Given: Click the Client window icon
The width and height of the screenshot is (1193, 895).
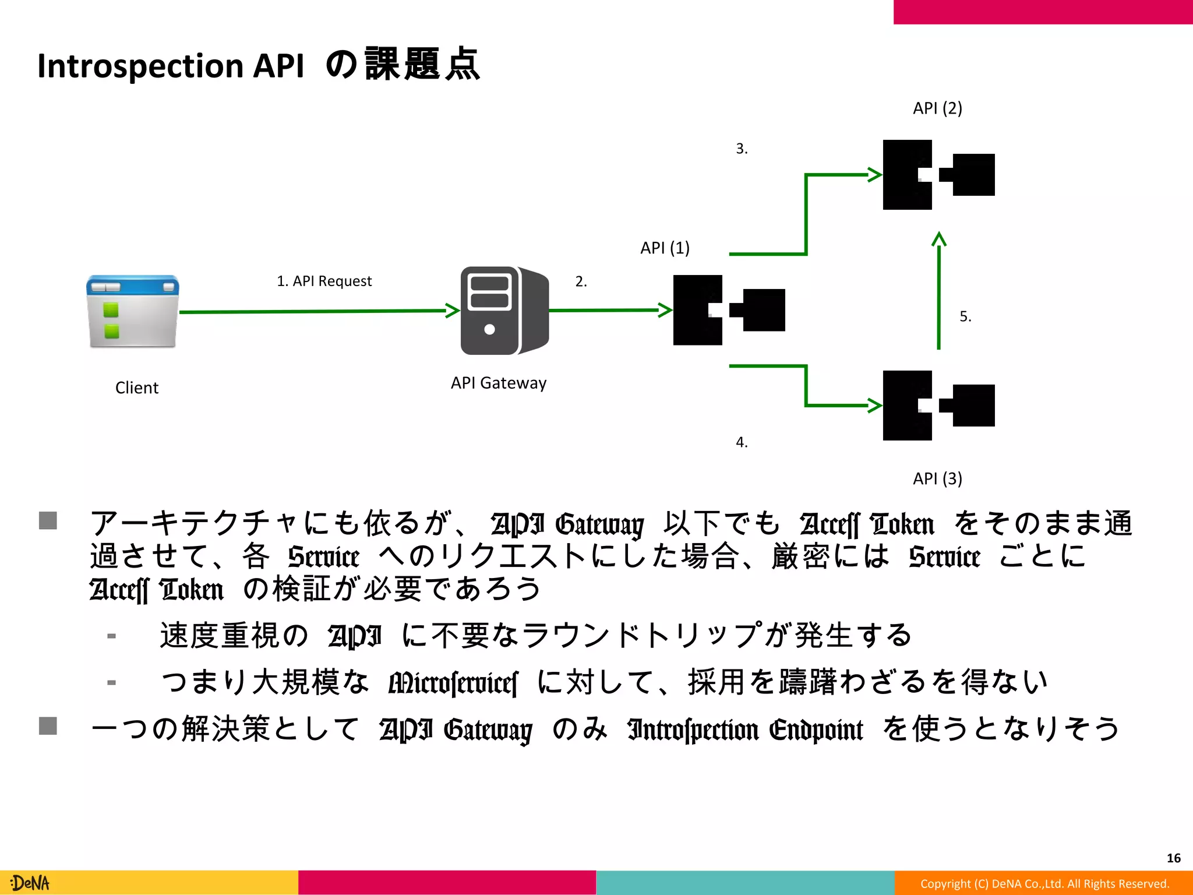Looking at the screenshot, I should click(133, 312).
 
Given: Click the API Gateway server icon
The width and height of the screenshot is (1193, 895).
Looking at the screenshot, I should click(504, 311).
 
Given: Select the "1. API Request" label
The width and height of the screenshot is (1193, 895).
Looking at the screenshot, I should click(324, 281).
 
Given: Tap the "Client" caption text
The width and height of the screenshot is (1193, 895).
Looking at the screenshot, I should click(137, 388).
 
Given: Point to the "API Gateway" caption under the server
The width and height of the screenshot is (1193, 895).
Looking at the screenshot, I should click(499, 383).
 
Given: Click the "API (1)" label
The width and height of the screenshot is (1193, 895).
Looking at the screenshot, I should click(665, 248).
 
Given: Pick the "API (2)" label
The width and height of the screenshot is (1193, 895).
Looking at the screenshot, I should click(937, 108).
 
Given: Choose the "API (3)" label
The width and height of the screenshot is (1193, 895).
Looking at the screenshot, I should click(937, 479).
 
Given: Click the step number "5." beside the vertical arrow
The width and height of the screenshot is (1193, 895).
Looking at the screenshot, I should click(965, 316).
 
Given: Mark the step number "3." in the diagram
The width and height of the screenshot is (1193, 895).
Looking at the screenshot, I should click(742, 149).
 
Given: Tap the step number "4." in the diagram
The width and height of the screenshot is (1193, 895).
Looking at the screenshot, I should click(742, 442).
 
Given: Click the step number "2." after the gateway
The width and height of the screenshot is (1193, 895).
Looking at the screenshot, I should click(581, 281).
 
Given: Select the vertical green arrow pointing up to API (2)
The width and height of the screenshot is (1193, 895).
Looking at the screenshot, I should click(938, 291).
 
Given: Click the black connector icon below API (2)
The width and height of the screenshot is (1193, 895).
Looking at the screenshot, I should click(938, 175).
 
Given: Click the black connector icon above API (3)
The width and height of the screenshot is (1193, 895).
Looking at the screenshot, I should click(938, 406).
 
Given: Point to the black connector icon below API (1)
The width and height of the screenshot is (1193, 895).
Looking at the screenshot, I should click(729, 310).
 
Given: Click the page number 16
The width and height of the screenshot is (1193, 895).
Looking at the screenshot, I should click(1173, 858).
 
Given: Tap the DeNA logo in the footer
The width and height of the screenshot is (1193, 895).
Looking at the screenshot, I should click(30, 883).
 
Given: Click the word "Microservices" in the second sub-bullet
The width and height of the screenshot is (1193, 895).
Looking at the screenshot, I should click(453, 683).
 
